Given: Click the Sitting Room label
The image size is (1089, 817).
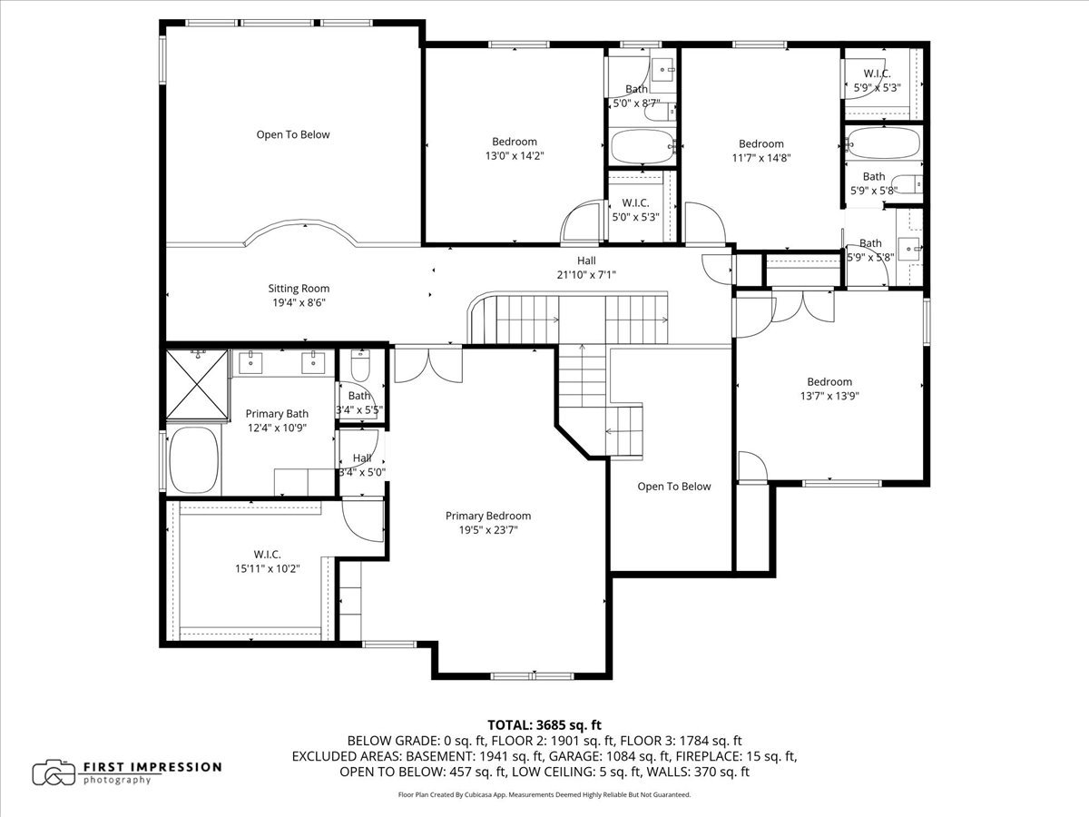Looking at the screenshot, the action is [x=299, y=288].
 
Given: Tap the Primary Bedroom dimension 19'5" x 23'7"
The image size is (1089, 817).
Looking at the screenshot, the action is [x=488, y=530].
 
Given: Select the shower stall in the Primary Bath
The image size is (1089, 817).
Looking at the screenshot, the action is [x=197, y=384].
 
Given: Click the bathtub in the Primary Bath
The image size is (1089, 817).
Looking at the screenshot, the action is [x=194, y=460].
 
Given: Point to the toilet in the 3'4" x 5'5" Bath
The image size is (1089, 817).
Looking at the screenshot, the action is [x=360, y=365].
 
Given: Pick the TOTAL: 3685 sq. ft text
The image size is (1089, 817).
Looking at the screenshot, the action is [x=544, y=725].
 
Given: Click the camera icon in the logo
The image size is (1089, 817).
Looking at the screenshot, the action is [x=54, y=773].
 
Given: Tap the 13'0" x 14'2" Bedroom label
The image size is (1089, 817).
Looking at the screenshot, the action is [x=515, y=149].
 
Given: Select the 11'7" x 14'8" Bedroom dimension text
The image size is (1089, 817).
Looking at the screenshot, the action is [x=761, y=158].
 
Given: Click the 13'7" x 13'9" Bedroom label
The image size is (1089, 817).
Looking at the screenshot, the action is [x=829, y=389].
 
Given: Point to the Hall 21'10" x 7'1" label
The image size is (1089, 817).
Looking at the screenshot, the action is [x=586, y=268].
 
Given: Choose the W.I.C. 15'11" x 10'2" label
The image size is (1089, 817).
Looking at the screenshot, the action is [x=268, y=562].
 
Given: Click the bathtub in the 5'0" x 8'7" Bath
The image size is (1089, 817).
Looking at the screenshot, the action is [x=642, y=146].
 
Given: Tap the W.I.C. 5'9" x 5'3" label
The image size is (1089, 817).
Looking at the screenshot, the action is [x=878, y=81].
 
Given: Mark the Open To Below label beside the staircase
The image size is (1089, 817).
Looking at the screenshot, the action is [x=673, y=487].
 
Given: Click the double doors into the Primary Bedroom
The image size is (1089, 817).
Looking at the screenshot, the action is [x=428, y=366].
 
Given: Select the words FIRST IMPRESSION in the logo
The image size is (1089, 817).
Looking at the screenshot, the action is [x=152, y=767].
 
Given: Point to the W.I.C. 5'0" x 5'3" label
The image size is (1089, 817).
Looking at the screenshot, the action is [x=635, y=210].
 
